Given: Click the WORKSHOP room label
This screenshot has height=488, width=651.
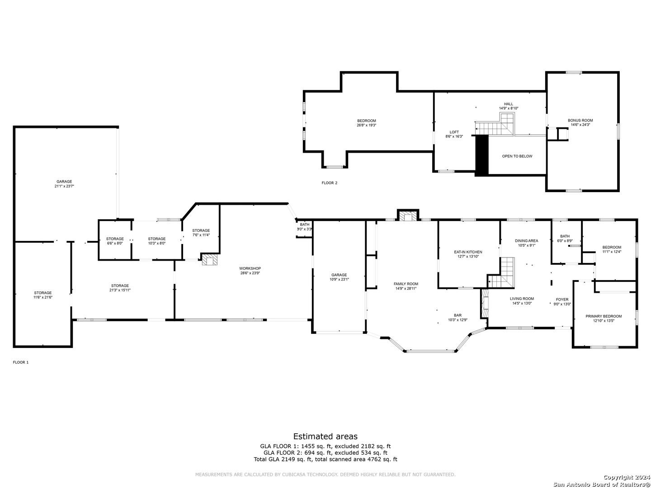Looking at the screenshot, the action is coord(250,268).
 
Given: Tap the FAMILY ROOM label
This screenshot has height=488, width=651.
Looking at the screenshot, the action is coord(406,284).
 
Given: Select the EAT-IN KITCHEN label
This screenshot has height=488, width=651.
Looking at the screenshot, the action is coord(468,252).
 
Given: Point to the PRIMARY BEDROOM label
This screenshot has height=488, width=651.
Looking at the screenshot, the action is coord(604,316).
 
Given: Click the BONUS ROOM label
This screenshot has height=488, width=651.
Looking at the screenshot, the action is coord(580,120).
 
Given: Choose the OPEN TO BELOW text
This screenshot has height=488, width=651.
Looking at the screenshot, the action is coord(517,156).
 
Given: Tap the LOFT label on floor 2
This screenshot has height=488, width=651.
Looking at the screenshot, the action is coord(454,132).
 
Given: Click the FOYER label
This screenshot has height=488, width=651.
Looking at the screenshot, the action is coord(562,300).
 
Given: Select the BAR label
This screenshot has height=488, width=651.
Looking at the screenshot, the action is coord(458,315).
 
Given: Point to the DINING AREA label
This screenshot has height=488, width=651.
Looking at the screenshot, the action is coord(526,241).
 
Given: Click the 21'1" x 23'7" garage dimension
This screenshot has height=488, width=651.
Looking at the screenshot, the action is coord(64,186).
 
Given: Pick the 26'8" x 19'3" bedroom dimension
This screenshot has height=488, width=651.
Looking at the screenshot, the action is coord(367,125).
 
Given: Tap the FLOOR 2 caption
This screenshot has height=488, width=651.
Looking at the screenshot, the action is coord(329,183).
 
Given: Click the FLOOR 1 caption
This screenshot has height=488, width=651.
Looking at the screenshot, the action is coord(21,362).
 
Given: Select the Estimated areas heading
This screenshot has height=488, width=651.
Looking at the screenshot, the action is coord(325,436).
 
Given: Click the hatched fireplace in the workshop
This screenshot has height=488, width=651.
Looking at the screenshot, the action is coord(210,260).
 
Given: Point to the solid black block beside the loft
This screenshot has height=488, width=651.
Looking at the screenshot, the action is coord(482,155).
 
